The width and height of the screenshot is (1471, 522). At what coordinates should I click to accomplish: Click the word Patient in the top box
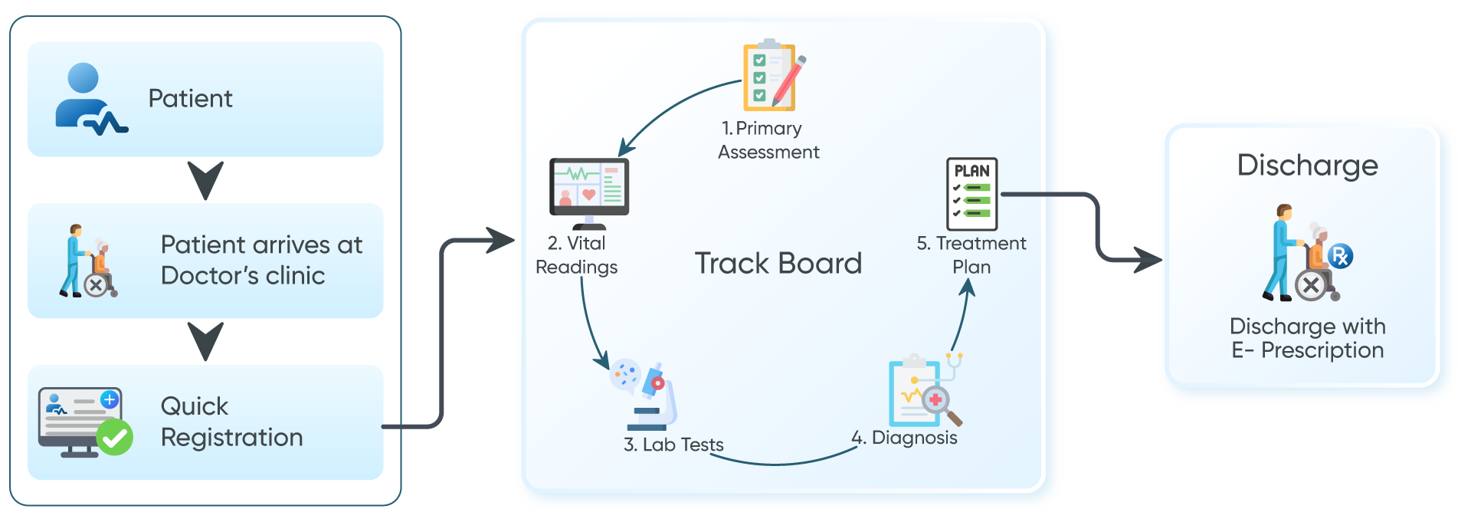[190, 99]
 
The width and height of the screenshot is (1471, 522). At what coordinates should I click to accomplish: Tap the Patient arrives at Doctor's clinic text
[261, 260]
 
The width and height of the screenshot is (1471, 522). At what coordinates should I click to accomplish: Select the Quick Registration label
[231, 422]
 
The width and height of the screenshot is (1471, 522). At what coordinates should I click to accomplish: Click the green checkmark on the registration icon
[115, 437]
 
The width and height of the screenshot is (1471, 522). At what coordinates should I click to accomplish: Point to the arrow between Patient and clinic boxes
[205, 180]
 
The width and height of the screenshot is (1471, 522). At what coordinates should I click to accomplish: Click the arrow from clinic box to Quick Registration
[205, 341]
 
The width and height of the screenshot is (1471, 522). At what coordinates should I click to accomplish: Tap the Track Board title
[778, 264]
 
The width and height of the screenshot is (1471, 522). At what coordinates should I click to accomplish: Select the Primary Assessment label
[768, 140]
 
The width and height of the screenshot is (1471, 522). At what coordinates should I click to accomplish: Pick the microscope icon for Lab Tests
[651, 395]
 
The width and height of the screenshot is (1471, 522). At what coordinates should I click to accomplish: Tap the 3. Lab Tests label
[673, 445]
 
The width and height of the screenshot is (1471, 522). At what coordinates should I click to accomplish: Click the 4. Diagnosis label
[905, 438]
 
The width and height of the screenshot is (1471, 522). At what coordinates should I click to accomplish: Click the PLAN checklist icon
[971, 194]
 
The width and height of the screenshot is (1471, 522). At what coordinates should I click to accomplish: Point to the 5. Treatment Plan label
[971, 254]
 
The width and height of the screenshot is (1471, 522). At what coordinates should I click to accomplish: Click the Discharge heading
[1307, 166]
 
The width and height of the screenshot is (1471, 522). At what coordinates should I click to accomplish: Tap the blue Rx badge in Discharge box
[1340, 256]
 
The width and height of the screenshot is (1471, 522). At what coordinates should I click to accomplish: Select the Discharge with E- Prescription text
[1307, 338]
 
